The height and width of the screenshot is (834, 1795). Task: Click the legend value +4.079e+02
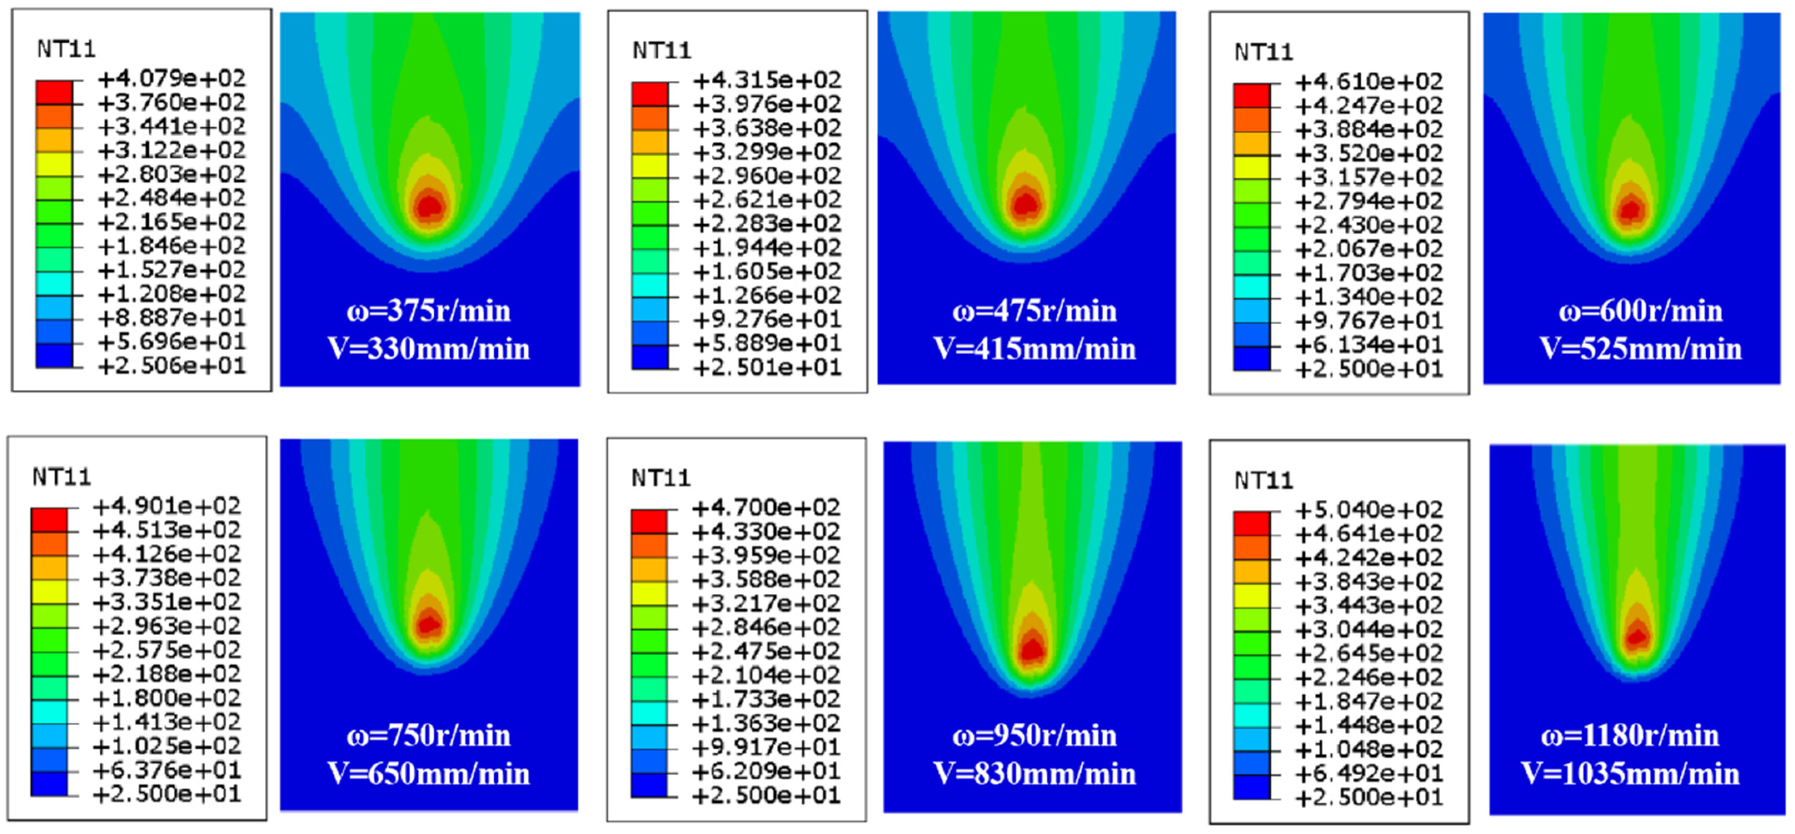click(172, 78)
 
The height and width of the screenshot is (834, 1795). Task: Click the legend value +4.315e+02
click(767, 80)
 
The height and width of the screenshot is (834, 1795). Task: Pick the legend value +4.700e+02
click(766, 508)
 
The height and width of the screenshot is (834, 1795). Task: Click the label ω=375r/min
click(429, 311)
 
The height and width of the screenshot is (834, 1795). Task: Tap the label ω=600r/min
click(1640, 311)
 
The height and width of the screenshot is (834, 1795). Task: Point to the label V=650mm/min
click(429, 773)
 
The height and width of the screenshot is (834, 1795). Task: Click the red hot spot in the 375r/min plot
click(429, 206)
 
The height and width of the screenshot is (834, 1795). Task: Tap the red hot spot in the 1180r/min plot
click(1637, 636)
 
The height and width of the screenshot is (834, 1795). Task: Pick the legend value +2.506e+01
click(172, 366)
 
